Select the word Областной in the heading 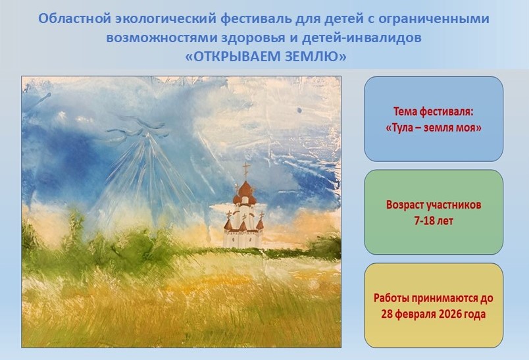[x=74, y=18]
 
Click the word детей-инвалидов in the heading [x=361, y=38]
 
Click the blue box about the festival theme [x=434, y=118]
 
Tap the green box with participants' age [x=434, y=212]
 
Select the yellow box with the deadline [x=434, y=305]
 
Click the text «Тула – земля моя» [x=434, y=128]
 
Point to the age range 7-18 [x=424, y=221]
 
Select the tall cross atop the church [x=247, y=171]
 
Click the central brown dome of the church [x=247, y=188]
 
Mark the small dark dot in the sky [x=299, y=110]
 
